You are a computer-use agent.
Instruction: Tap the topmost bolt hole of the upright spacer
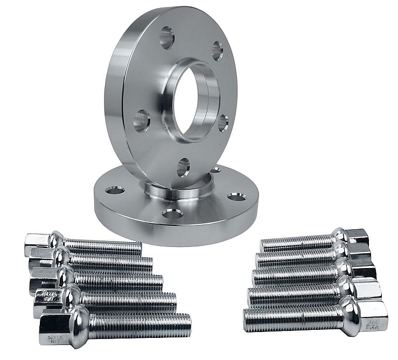(167, 38)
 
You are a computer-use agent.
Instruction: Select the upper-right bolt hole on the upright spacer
(217, 51)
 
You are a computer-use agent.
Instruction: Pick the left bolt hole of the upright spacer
(142, 120)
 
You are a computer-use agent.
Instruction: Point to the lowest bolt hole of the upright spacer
(183, 167)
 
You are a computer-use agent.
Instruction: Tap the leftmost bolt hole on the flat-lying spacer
(115, 190)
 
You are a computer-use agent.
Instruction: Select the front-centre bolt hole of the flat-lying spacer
(172, 214)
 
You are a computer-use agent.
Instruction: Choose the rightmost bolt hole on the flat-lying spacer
(236, 197)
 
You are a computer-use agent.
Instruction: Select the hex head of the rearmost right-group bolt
(357, 236)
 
